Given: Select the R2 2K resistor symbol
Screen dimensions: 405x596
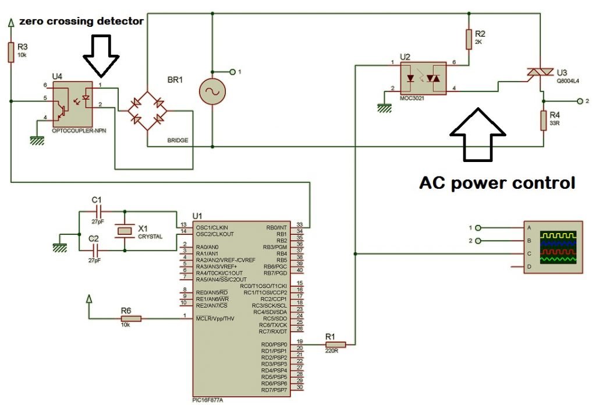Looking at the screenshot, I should [x=469, y=40].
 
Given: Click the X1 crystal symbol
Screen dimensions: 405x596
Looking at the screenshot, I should [x=125, y=231].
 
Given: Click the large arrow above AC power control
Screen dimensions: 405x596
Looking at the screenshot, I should [x=478, y=135].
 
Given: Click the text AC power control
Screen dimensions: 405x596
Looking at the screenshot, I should [x=497, y=183].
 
